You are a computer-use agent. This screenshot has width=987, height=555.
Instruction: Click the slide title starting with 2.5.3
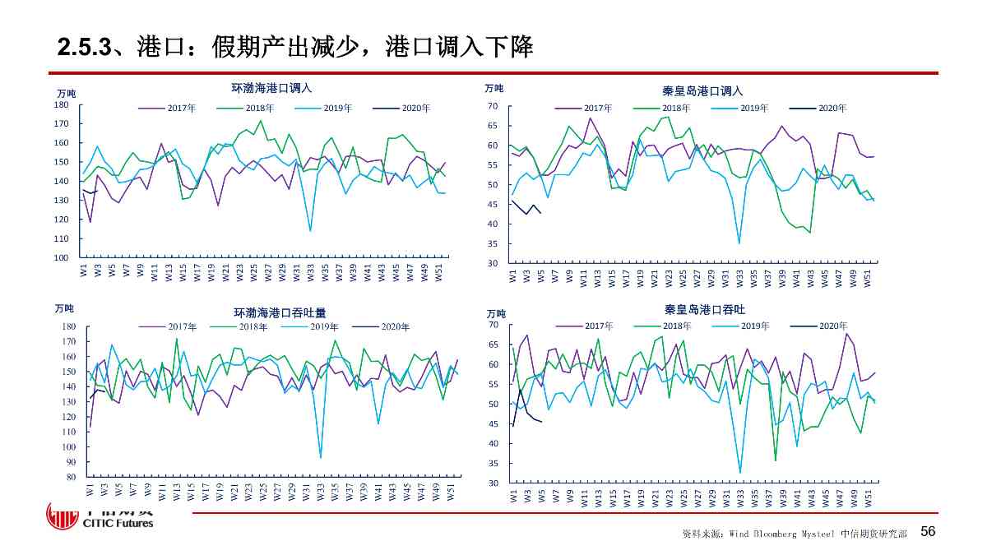pos(295,47)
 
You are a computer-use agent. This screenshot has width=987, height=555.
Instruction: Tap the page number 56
pos(928,532)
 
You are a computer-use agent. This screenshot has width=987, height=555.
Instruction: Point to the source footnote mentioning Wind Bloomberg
pos(794,534)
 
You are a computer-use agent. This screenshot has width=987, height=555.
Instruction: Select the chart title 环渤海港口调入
pos(271,88)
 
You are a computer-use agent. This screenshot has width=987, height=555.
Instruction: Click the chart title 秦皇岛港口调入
pos(702,91)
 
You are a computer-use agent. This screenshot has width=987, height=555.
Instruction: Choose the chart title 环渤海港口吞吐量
pos(280,312)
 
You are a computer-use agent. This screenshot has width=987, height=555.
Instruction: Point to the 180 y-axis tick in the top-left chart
pos(61,105)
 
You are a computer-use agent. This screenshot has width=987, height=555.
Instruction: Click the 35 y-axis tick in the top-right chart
pos(492,244)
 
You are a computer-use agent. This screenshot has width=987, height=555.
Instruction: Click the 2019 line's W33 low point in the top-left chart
pos(310,231)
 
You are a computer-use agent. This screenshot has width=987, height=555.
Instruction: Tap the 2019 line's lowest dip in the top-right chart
pos(739,243)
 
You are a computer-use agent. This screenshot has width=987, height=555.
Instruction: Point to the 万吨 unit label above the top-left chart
pos(65,94)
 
